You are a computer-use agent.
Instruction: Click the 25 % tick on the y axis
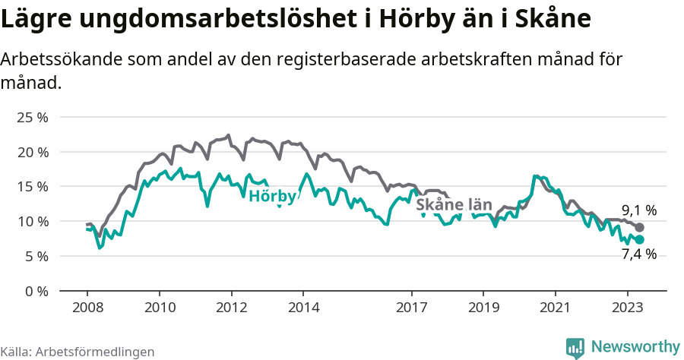tap(32, 118)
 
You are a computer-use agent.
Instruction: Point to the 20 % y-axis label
tap(32, 152)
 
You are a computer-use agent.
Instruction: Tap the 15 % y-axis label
tap(32, 187)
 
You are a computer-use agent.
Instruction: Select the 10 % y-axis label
tap(32, 222)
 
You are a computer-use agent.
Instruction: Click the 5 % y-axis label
tap(35, 256)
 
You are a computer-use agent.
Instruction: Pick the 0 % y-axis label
tap(35, 291)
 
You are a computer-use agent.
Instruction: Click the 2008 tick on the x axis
tap(87, 308)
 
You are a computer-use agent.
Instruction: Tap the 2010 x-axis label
tap(159, 308)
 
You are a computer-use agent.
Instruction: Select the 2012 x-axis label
tap(231, 308)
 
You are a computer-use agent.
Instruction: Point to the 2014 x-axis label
tap(302, 308)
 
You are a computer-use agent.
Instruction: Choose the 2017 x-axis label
tap(411, 308)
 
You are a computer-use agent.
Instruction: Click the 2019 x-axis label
tap(483, 308)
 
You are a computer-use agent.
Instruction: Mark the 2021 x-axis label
tap(555, 308)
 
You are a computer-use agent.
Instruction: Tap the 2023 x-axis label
tap(627, 308)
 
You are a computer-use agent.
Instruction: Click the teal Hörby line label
tap(272, 197)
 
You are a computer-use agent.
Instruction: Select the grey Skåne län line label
tap(454, 205)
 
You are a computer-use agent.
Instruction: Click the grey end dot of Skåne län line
tap(640, 228)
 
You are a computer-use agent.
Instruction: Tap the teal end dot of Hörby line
tap(640, 239)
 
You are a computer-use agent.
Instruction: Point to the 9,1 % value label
tap(639, 210)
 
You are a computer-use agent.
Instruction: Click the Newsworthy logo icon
tap(575, 347)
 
